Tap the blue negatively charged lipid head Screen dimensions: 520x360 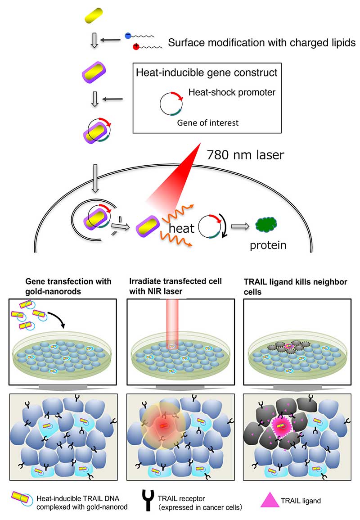[128, 36]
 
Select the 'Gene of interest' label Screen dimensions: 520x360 [207, 122]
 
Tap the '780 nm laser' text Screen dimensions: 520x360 [245, 155]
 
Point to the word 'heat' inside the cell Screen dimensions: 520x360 [182, 228]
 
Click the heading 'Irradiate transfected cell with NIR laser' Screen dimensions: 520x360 [180, 286]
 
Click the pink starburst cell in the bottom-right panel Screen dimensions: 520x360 [283, 425]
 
